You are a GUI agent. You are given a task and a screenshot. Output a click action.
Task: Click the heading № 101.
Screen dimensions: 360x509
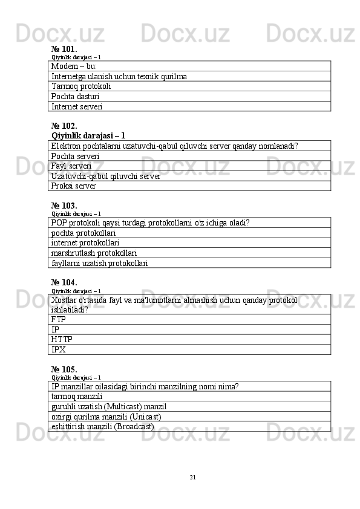tap(64, 48)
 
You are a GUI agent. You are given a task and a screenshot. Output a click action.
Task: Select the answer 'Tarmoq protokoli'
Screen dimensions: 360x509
tap(81, 86)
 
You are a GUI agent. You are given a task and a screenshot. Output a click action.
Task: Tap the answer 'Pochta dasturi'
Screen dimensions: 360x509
tap(76, 96)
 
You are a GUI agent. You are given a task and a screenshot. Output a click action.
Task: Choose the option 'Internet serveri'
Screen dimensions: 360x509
tap(77, 106)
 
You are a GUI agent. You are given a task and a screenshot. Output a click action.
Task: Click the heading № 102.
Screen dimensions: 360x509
tap(64, 126)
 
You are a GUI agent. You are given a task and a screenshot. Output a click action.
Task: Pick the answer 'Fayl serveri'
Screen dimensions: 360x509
tap(71, 166)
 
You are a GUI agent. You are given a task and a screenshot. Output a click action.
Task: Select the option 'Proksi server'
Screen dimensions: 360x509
tap(73, 186)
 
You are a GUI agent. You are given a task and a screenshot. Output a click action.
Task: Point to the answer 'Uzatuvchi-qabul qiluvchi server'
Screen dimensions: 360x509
tap(106, 176)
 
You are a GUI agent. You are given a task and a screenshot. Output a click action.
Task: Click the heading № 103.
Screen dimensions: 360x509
tap(64, 206)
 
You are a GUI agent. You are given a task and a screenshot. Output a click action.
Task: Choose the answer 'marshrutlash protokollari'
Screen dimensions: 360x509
tap(94, 253)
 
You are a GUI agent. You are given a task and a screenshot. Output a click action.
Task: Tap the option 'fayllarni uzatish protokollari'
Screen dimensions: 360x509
tap(100, 263)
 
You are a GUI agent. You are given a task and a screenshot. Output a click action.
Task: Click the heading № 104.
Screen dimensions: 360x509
tap(64, 282)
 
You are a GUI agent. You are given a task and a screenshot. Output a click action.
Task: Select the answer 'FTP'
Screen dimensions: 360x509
tap(59, 319)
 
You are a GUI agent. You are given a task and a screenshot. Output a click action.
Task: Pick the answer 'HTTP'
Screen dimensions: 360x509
tap(62, 340)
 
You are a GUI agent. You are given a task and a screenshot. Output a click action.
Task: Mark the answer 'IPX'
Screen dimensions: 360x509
tap(59, 349)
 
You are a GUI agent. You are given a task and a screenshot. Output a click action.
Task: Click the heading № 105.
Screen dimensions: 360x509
tap(64, 369)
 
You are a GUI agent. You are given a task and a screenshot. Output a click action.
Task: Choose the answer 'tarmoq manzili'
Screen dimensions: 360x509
tap(77, 396)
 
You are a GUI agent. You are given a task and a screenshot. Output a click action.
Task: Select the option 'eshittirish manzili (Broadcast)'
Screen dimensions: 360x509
tap(103, 426)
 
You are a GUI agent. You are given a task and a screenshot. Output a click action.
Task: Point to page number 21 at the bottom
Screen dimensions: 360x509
tap(192, 478)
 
